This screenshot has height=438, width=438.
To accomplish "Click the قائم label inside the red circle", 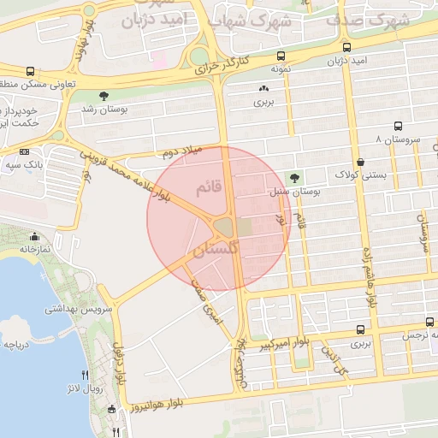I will click(210, 186).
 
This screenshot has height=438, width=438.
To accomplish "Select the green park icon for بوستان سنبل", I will click(295, 178).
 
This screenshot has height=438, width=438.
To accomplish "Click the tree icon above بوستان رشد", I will click(104, 95).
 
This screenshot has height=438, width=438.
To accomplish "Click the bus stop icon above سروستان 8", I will click(397, 125).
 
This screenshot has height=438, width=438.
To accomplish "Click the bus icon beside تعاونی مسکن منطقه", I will click(31, 72).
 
